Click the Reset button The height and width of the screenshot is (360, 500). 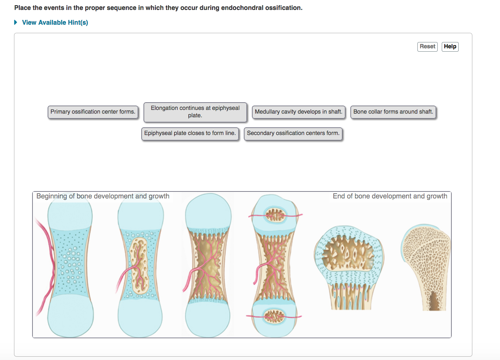[x=427, y=46]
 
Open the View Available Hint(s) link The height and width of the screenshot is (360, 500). [x=55, y=22]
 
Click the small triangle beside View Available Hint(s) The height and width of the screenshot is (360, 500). [x=16, y=22]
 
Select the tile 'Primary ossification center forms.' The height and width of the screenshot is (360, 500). [x=93, y=112]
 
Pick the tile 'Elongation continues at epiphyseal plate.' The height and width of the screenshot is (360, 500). [x=195, y=112]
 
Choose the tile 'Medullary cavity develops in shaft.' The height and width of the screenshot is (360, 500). [x=298, y=112]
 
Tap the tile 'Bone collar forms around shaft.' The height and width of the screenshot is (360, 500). [x=393, y=112]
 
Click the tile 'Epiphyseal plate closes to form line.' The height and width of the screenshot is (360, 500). [x=190, y=133]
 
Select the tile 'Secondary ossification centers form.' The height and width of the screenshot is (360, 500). [x=293, y=133]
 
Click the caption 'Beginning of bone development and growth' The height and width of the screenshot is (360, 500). [x=103, y=196]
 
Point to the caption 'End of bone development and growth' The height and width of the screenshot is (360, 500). [x=390, y=196]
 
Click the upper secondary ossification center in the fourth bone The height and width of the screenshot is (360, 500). [x=275, y=215]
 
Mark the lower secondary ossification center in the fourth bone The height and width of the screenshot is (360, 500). [x=274, y=316]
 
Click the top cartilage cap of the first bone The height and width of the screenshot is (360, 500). [x=70, y=214]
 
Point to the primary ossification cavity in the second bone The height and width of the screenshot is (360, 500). [x=139, y=264]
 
